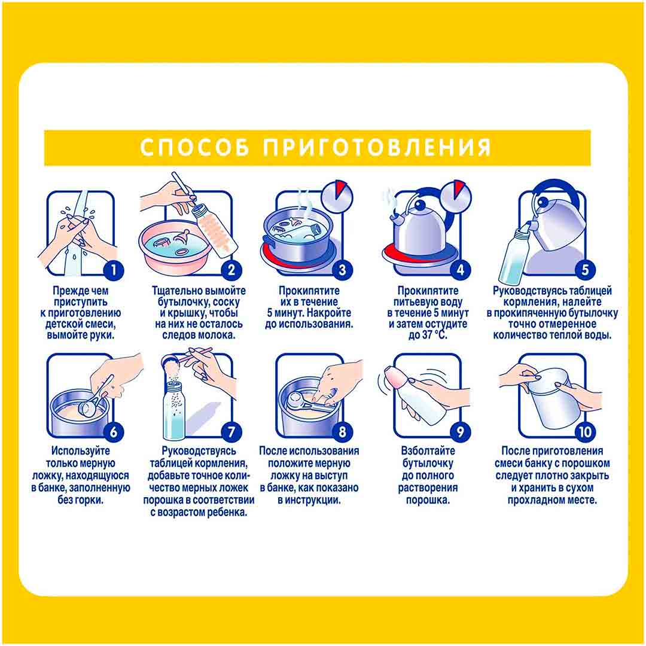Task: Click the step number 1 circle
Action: pyautogui.click(x=114, y=270)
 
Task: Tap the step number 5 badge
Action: pyautogui.click(x=584, y=270)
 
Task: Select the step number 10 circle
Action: pyautogui.click(x=584, y=432)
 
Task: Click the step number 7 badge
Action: pyautogui.click(x=231, y=432)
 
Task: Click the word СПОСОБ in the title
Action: pyautogui.click(x=194, y=147)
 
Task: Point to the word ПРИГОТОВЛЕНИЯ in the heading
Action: pyautogui.click(x=377, y=147)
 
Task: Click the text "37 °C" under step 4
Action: pyautogui.click(x=434, y=336)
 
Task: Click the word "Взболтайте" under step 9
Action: pyautogui.click(x=428, y=451)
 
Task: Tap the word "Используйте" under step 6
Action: pyautogui.click(x=81, y=451)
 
